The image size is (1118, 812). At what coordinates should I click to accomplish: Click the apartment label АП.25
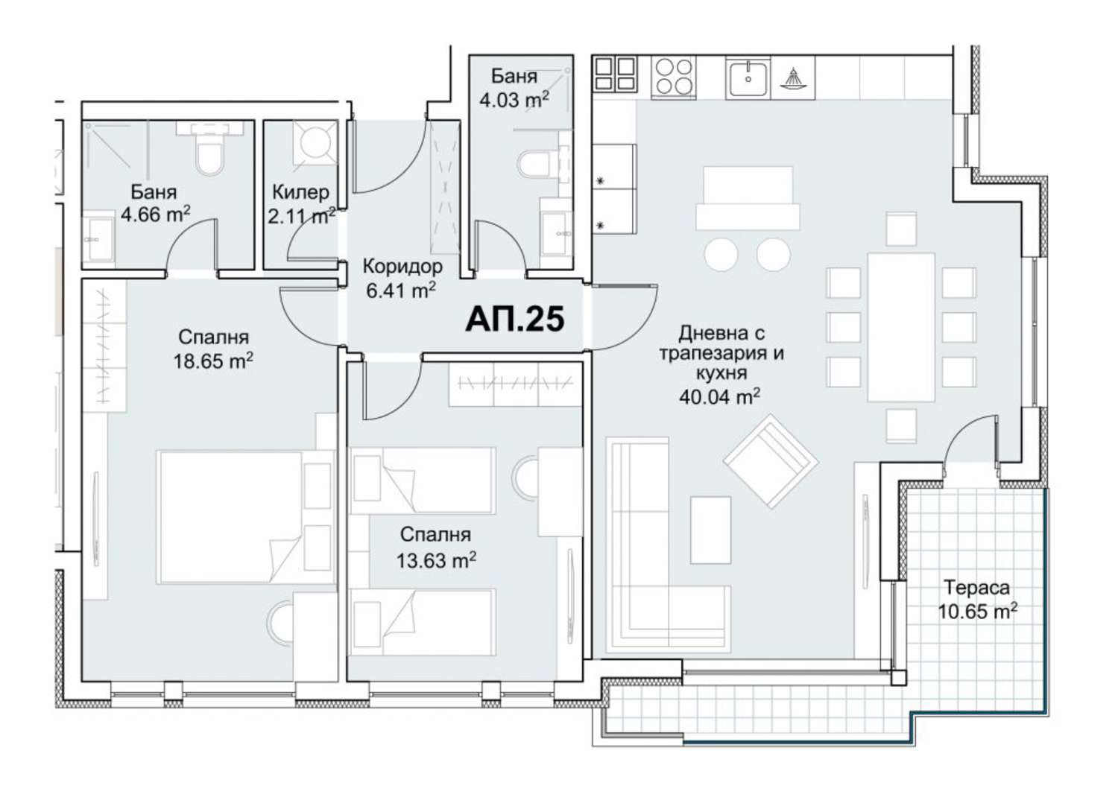point(514,319)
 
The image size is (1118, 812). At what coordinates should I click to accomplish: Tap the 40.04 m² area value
point(719,396)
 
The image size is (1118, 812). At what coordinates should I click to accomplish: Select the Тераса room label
point(976,588)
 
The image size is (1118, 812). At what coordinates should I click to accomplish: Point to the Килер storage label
point(300,192)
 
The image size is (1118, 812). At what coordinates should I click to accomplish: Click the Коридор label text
point(402,267)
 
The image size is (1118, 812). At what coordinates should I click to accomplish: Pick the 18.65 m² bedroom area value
point(213,361)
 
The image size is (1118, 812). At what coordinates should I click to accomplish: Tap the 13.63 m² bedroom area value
point(436,560)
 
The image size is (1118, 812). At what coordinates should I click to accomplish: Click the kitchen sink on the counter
point(748,77)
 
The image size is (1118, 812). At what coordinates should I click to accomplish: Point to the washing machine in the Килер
point(315,142)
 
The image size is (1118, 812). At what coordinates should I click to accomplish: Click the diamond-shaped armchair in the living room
point(771,461)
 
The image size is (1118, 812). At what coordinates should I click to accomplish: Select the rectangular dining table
point(901,327)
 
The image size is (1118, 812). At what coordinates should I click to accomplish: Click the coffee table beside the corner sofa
point(711,530)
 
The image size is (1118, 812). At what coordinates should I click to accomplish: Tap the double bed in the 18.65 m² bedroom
point(244,517)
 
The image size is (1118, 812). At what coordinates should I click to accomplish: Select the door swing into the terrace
point(970,442)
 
